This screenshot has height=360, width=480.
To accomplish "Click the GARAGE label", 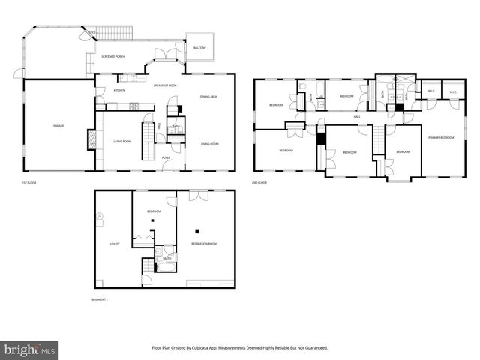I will [x=57, y=125].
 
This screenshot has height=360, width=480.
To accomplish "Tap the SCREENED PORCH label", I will [x=112, y=57].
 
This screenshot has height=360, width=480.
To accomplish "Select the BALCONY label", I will [x=199, y=48].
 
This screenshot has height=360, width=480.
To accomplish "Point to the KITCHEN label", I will [x=119, y=91].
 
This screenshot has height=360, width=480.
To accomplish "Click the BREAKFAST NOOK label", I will [x=165, y=85].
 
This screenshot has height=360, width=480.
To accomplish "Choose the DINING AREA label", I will [x=208, y=97].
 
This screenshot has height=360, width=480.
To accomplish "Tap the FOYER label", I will [x=166, y=158].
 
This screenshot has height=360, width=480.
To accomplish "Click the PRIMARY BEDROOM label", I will [x=440, y=138].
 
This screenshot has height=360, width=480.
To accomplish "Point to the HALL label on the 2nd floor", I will [x=358, y=116].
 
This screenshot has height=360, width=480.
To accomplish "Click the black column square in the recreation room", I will [x=196, y=229].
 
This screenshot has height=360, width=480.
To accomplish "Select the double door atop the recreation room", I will [x=199, y=195].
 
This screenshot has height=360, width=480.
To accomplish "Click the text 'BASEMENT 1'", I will [x=100, y=300].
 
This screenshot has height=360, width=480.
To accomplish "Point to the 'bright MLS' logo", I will [x=30, y=349].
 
